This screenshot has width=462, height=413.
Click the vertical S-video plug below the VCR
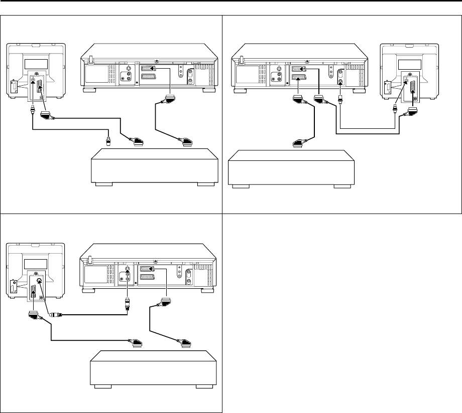pyautogui.click(x=128, y=304)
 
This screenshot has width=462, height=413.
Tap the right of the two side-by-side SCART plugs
pyautogui.click(x=319, y=100)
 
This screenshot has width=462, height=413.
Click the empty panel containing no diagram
pyautogui.click(x=341, y=311)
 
